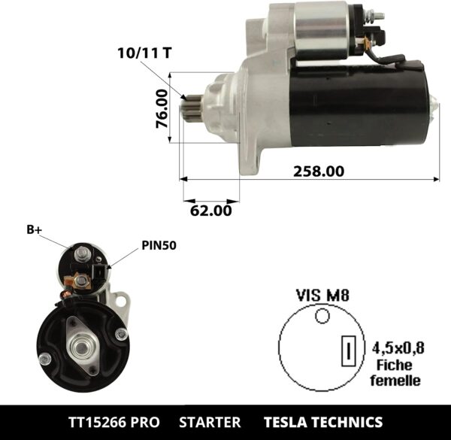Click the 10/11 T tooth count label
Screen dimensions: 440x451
pyautogui.click(x=144, y=53)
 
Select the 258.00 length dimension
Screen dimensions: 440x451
pyautogui.click(x=318, y=171)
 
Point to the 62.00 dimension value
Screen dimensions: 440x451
pyautogui.click(x=210, y=211)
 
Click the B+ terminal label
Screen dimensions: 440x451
pyautogui.click(x=34, y=230)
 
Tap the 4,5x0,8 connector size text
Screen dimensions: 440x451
pyautogui.click(x=398, y=347)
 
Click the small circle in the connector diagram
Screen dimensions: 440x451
pyautogui.click(x=322, y=317)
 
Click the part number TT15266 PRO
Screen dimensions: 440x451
pyautogui.click(x=114, y=422)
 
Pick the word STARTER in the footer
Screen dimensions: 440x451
pyautogui.click(x=211, y=422)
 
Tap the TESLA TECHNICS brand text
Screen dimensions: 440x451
pyautogui.click(x=322, y=422)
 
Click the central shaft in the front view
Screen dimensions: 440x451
pyautogui.click(x=80, y=347)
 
